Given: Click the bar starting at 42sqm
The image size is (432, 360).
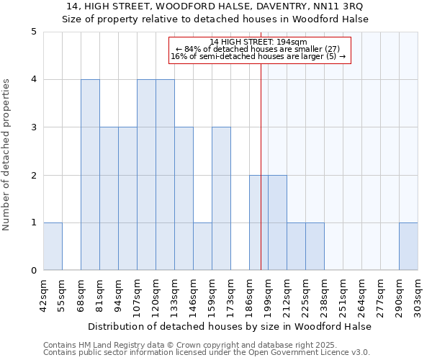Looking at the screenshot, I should (x=53, y=246).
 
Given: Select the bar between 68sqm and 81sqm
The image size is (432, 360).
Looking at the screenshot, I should (x=90, y=175).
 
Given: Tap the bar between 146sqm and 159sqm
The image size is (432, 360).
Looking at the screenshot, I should (x=202, y=246).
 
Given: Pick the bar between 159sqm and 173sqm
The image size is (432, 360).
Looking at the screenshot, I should (x=221, y=199).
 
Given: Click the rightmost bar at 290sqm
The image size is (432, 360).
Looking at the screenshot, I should (x=408, y=246).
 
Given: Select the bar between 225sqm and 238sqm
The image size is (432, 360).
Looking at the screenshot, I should (x=315, y=246).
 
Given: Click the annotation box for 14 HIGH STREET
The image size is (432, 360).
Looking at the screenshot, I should (x=258, y=49).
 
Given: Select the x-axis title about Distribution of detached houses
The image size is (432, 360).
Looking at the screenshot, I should (x=230, y=326).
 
